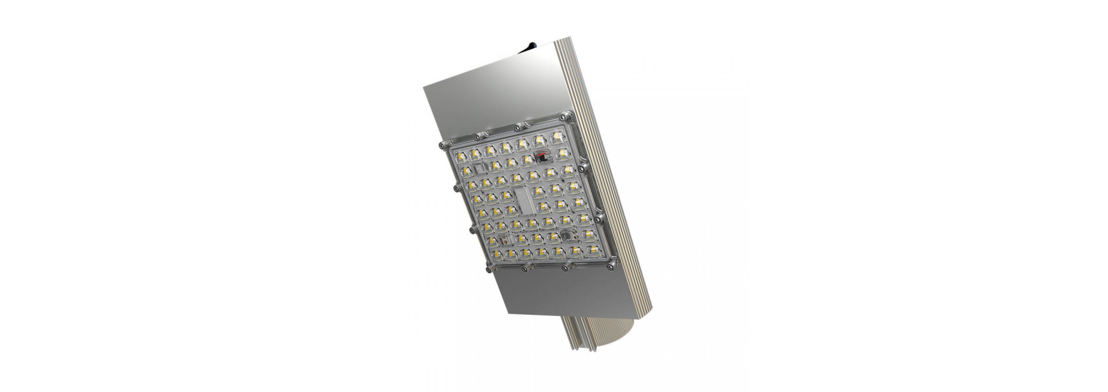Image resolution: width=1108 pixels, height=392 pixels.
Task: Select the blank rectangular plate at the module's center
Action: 524,199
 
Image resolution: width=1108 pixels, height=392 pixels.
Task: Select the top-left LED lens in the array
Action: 462,156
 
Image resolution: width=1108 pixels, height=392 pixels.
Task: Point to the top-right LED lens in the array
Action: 558,136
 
